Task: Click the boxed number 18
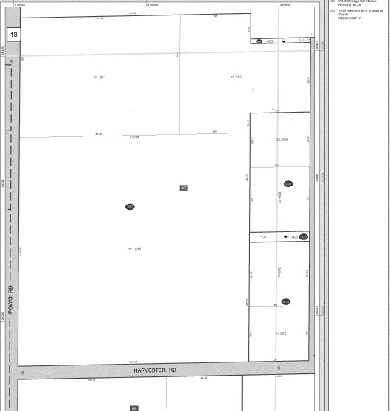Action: click(x=14, y=35)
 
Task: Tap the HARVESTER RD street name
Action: click(x=156, y=370)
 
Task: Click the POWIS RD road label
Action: click(x=10, y=298)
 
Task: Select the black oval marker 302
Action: click(x=130, y=207)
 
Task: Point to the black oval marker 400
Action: click(x=288, y=184)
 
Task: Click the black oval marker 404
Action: click(x=286, y=301)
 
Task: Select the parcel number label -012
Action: click(x=236, y=77)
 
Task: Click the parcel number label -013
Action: click(x=134, y=250)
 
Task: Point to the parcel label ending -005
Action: click(x=281, y=138)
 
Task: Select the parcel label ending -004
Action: click(x=280, y=333)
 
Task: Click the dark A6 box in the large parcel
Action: click(x=184, y=188)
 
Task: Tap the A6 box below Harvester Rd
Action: click(x=134, y=407)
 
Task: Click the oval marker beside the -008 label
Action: click(x=303, y=236)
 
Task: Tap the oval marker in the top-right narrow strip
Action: click(x=259, y=41)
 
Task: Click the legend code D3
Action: click(x=332, y=11)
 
